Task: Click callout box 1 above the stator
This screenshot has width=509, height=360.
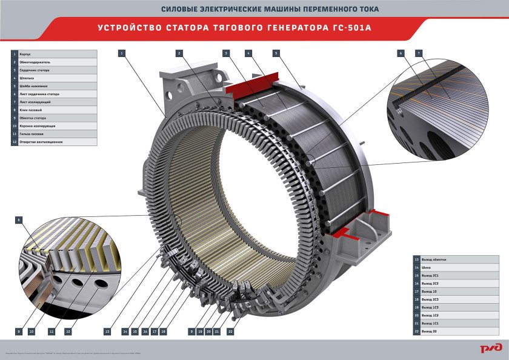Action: coord(122,53)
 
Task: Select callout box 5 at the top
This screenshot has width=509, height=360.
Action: coord(276,53)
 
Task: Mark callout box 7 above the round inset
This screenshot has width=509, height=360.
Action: coord(419,53)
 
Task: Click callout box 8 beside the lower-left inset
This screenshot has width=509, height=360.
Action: coord(19,219)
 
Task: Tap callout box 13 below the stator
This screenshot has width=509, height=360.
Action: coord(107,332)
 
